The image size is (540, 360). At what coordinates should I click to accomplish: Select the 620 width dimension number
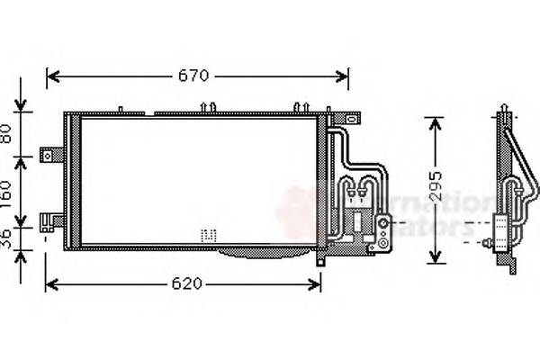click(x=184, y=284)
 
